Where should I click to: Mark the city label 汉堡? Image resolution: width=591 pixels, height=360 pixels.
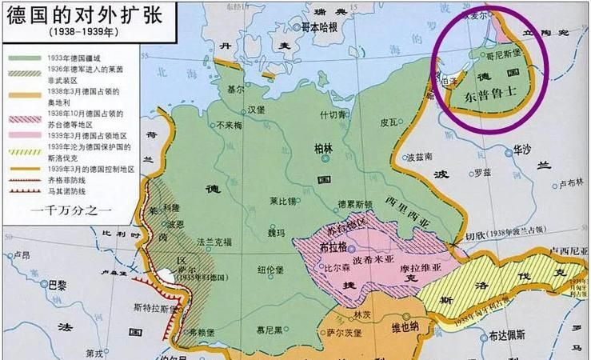pos(255,108)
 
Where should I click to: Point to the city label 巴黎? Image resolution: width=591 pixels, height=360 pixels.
pos(58,283)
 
